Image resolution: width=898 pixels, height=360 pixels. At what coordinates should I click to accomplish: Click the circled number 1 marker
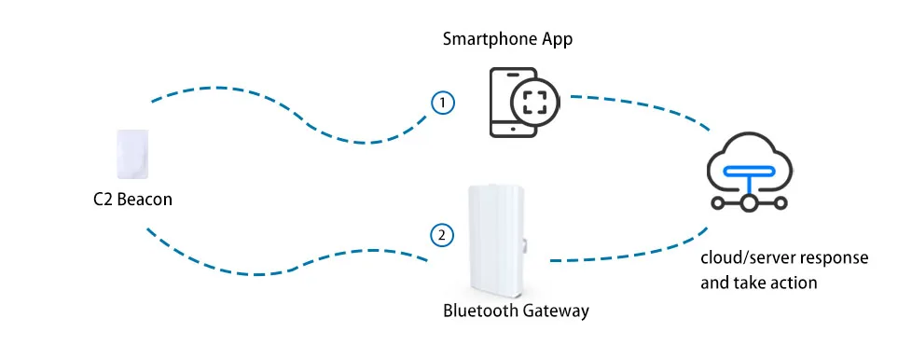coord(442,104)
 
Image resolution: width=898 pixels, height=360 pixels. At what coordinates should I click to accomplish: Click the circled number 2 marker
coord(442,235)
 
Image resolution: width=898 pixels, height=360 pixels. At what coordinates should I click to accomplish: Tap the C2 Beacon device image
coord(132,154)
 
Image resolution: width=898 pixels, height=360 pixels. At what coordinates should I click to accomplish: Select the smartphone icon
coord(513,103)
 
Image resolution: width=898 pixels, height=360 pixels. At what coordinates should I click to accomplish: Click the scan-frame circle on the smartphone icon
coord(534,103)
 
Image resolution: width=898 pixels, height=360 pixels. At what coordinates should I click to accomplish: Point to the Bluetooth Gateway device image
coord(496,241)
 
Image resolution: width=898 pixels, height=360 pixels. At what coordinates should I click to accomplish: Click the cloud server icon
coord(750,172)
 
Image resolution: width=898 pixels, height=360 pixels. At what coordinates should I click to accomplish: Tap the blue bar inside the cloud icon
coord(750,171)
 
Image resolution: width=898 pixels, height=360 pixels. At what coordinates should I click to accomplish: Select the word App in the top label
coord(558,41)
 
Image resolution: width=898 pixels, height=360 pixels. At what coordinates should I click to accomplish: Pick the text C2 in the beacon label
coord(102,200)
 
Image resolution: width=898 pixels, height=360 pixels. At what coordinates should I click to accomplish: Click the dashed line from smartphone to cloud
coord(642,107)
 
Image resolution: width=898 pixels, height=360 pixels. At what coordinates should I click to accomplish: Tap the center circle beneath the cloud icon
coord(749,202)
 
